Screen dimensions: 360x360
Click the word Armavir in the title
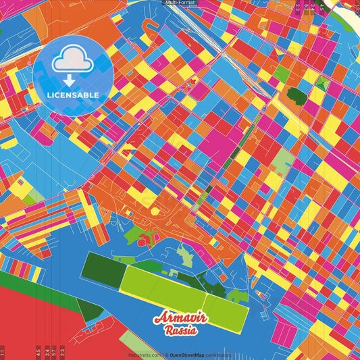pyautogui.click(x=180, y=319)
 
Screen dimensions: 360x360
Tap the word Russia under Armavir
pyautogui.click(x=180, y=331)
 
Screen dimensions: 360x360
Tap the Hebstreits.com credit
pyautogui.click(x=146, y=355)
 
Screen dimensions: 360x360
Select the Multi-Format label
pyautogui.click(x=179, y=3)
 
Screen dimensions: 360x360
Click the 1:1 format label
pyautogui.click(x=3, y=353)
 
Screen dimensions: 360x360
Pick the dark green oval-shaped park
pyautogui.click(x=295, y=95)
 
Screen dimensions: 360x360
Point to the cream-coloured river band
pyautogui.click(x=353, y=20)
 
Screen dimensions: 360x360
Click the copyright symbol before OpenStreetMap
pyautogui.click(x=166, y=355)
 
